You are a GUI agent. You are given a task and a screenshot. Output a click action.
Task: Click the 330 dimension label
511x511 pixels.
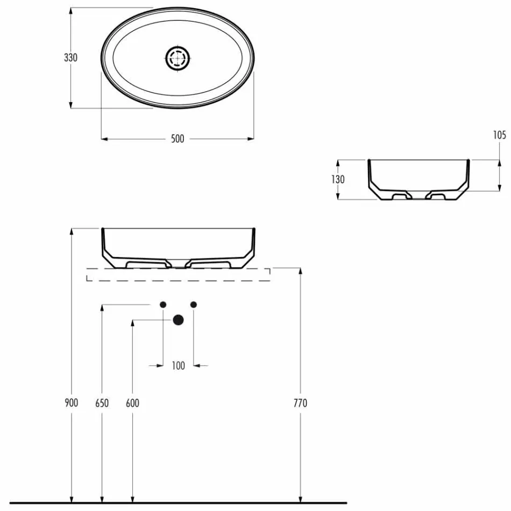[71, 58]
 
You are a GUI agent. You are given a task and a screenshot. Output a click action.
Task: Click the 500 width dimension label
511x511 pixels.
[178, 139]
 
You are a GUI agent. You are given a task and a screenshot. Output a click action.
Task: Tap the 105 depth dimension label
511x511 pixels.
[500, 135]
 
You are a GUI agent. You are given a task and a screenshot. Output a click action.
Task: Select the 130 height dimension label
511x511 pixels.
[338, 180]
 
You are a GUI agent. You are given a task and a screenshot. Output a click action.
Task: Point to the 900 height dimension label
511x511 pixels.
[72, 403]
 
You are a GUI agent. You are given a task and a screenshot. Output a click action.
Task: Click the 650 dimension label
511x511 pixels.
[102, 403]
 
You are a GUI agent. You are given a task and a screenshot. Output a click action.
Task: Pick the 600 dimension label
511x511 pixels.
[132, 403]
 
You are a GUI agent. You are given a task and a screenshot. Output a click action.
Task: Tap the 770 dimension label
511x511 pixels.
[301, 403]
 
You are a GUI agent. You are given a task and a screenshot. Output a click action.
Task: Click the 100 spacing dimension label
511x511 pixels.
[178, 366]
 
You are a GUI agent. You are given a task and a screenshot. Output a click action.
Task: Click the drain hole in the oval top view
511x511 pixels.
[178, 58]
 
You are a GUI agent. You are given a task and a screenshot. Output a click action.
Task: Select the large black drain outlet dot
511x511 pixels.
[178, 320]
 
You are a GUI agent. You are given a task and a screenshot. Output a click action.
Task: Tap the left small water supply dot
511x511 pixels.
[162, 304]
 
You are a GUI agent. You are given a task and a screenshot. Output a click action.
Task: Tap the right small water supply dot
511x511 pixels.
[194, 304]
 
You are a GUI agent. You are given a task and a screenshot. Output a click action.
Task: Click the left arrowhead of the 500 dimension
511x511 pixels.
[104, 139]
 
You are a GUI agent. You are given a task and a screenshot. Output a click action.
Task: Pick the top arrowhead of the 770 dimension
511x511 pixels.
[301, 271]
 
